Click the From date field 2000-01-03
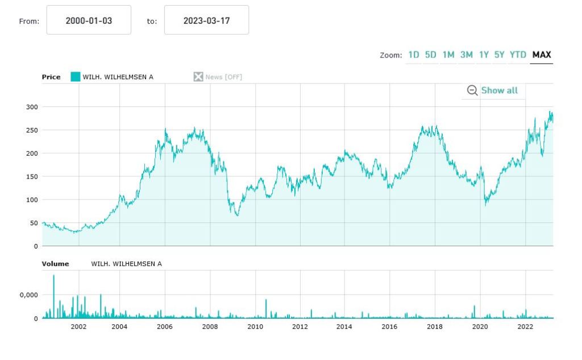click(x=89, y=20)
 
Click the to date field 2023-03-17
click(x=206, y=20)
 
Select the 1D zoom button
click(x=413, y=55)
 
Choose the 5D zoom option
click(x=431, y=55)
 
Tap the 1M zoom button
click(x=448, y=55)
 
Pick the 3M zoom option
click(x=466, y=55)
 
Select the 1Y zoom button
click(x=484, y=55)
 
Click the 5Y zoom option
click(x=499, y=55)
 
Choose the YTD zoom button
click(x=518, y=55)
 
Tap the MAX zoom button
click(x=542, y=55)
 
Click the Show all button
click(x=493, y=90)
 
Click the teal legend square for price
click(x=75, y=77)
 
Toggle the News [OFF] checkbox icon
click(x=198, y=77)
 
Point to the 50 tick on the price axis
click(x=34, y=223)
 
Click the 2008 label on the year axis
click(x=210, y=326)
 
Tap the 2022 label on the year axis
click(x=525, y=326)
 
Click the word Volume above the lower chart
click(x=55, y=264)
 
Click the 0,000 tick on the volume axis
click(x=28, y=295)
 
